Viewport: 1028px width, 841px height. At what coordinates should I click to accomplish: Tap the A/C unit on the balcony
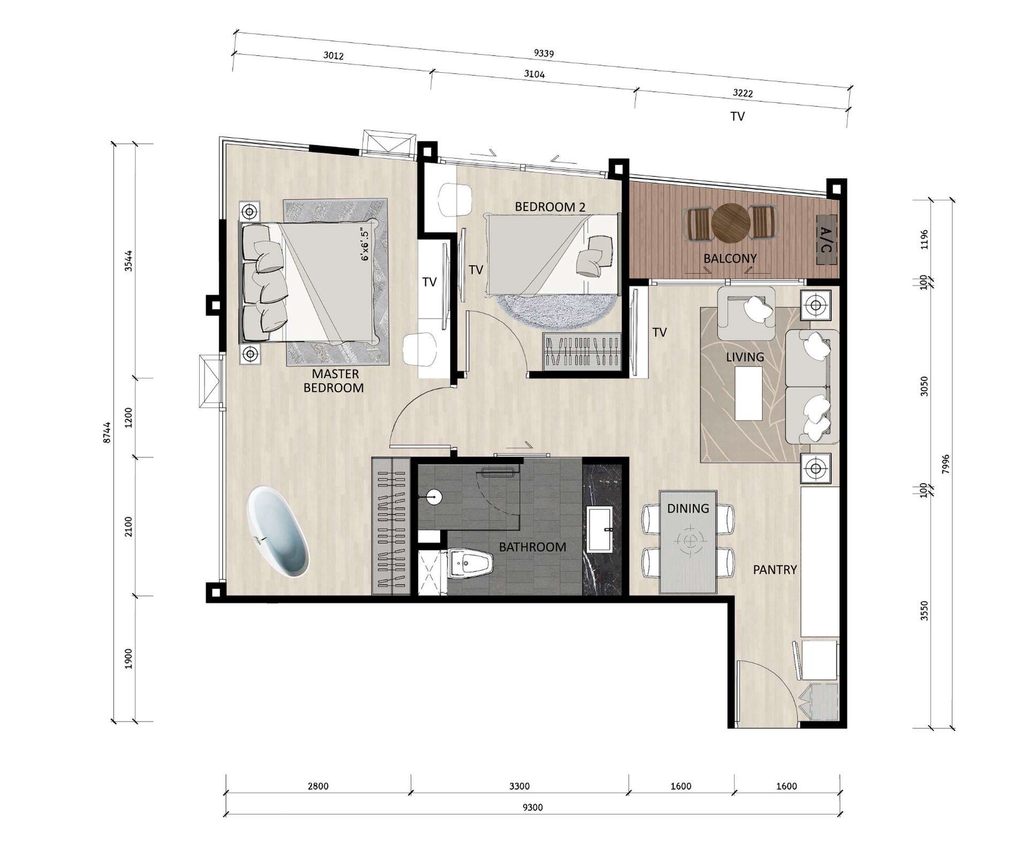(826, 239)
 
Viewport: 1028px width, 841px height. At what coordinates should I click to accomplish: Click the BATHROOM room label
(532, 547)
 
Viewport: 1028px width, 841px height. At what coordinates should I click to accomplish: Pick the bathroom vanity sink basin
(600, 530)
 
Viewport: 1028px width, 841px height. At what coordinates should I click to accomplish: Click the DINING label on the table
(688, 508)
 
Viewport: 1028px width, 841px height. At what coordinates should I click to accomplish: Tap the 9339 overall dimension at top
(543, 53)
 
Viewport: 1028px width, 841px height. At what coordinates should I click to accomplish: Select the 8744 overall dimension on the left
(107, 432)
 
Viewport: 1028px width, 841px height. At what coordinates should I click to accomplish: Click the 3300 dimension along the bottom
(519, 786)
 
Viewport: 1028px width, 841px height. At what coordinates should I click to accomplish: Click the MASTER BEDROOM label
(334, 381)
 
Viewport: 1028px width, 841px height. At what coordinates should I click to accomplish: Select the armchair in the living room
(746, 313)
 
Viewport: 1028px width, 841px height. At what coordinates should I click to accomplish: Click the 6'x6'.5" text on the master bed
(365, 245)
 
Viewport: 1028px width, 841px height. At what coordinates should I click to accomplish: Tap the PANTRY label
(775, 570)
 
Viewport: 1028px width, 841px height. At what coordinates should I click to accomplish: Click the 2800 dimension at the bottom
(318, 786)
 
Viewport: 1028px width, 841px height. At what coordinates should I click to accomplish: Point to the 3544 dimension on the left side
(128, 261)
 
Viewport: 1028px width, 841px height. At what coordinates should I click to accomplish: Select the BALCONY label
(730, 259)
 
